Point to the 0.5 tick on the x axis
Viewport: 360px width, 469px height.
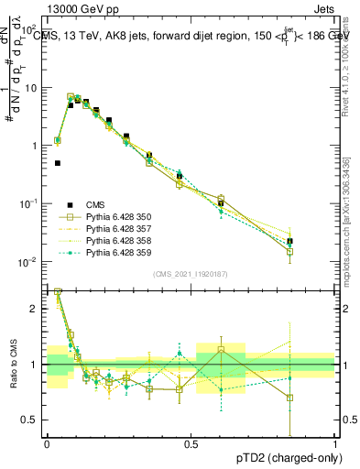[x=191, y=442]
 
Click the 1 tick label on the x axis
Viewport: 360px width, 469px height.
[x=334, y=442]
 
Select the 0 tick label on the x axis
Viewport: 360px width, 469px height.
[x=47, y=442]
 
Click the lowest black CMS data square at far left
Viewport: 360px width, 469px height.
[x=57, y=163]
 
